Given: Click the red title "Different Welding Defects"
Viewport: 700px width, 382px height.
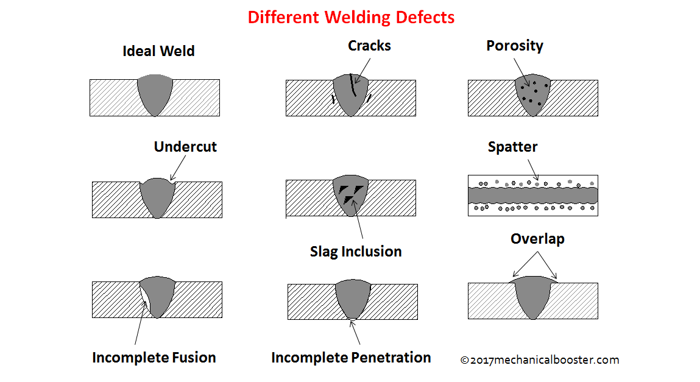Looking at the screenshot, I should (x=351, y=17).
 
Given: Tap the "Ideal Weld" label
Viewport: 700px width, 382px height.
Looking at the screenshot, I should (x=158, y=51).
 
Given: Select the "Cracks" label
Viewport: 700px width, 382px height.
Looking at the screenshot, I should (x=369, y=46).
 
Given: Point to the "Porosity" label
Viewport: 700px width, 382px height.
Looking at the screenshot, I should (x=515, y=46).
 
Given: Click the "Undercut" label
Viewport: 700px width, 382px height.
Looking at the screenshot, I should (x=185, y=147).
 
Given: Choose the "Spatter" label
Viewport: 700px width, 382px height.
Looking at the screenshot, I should (x=512, y=147).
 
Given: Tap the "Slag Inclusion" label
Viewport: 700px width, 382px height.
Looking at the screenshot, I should (x=356, y=252).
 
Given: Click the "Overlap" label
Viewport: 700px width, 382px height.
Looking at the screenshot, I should (x=537, y=239).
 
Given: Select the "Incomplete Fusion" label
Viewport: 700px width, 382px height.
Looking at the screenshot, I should (x=154, y=358).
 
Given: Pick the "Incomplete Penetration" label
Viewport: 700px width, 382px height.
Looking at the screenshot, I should (x=351, y=358).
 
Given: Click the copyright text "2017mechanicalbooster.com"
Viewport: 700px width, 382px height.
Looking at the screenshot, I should (x=539, y=360).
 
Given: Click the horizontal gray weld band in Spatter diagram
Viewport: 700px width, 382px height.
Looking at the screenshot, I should (x=532, y=195).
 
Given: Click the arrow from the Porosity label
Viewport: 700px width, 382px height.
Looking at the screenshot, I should (x=520, y=71).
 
